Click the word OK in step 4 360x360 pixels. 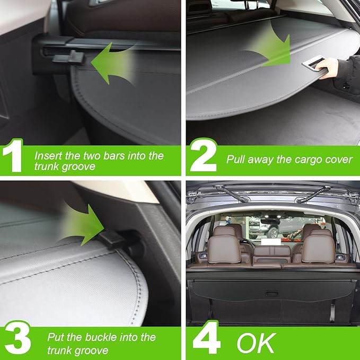point(256,343)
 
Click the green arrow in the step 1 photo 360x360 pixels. point(111,63)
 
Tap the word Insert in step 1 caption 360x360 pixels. point(48,156)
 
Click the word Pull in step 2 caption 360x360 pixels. point(236,159)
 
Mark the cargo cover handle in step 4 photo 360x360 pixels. point(271,293)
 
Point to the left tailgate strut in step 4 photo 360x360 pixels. point(231,194)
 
